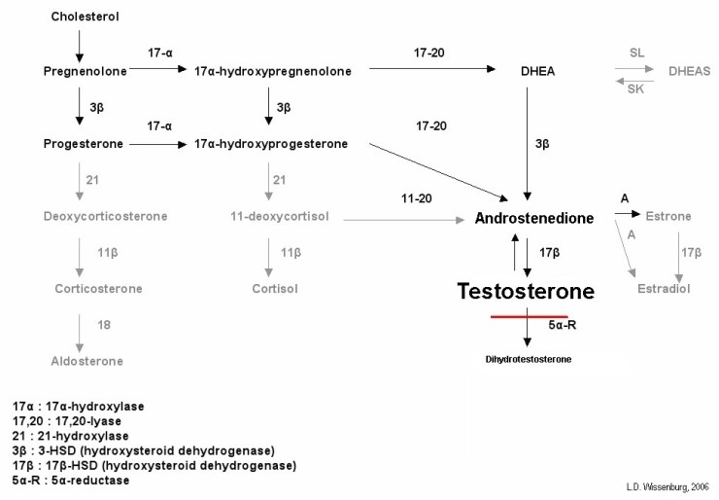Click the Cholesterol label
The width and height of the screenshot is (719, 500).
79,18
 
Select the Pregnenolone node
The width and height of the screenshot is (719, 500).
79,71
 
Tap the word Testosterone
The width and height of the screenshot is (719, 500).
526,290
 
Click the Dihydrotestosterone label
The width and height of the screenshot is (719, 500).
529,359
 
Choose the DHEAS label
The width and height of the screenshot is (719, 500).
687,71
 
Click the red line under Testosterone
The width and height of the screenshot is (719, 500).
529,317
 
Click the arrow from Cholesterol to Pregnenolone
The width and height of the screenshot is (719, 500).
79,44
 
